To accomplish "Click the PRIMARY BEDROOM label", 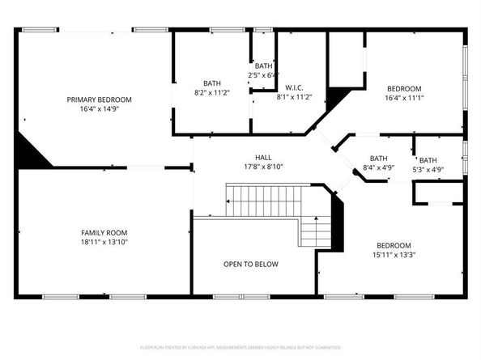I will tap(99, 100).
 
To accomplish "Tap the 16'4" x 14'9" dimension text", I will tap(99, 108).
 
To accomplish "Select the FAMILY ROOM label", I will tap(101, 232).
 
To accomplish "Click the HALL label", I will tap(263, 158).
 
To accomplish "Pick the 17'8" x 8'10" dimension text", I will tap(263, 167).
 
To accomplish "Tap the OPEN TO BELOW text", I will tap(251, 265).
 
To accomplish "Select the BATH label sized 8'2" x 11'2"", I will tap(211, 83).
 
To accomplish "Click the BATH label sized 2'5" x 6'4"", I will tap(264, 66).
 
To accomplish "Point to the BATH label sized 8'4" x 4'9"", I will tap(378, 159).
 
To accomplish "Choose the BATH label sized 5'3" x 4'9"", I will tap(428, 160).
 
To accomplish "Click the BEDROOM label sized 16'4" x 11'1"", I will tap(403, 88).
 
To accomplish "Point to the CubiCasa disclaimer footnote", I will tap(240, 348).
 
